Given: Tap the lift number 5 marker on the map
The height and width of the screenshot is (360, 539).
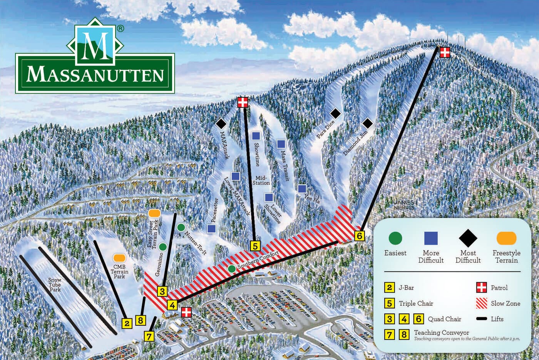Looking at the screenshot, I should [x=256, y=246].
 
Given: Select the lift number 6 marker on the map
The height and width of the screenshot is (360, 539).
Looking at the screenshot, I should [x=359, y=235].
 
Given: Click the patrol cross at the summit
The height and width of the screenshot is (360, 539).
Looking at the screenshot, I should [x=445, y=52].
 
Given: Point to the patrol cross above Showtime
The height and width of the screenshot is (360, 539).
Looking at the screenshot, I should [x=243, y=102].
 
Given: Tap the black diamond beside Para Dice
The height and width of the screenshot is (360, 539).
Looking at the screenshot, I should [x=336, y=113].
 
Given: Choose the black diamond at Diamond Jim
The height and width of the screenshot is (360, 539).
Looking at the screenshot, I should [x=368, y=123].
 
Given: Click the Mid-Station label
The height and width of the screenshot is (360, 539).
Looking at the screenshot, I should [x=261, y=180].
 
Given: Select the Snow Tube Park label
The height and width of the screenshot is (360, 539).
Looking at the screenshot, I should [x=55, y=285].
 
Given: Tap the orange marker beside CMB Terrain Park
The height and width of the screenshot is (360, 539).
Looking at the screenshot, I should [x=119, y=257].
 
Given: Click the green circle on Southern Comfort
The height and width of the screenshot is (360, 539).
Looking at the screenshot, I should [x=231, y=269].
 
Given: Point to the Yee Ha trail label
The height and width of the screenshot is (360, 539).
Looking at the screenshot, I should [x=312, y=198].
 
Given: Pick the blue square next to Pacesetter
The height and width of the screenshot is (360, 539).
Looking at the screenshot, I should [x=211, y=228].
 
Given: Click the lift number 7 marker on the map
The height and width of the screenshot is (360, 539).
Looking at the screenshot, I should [x=149, y=336].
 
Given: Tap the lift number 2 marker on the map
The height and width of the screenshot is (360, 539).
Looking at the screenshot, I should [x=127, y=323].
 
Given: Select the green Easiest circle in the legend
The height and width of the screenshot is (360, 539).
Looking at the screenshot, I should [x=395, y=238].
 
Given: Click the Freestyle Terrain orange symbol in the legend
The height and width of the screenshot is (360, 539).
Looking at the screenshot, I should [x=506, y=238].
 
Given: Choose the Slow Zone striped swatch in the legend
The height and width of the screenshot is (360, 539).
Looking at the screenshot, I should [x=482, y=303].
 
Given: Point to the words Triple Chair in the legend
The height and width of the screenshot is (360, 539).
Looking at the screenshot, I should [x=416, y=303].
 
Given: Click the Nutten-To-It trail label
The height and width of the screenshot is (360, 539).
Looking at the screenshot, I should [x=196, y=243].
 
